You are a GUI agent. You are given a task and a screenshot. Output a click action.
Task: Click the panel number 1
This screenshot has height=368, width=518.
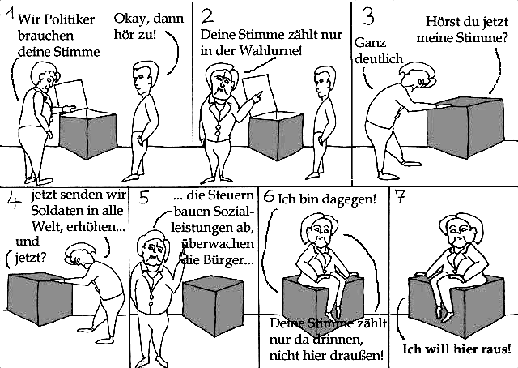coord(11,15)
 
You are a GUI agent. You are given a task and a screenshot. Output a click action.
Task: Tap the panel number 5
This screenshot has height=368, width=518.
coord(143,198)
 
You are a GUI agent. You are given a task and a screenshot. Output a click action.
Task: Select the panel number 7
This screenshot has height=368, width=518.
coord(400,198)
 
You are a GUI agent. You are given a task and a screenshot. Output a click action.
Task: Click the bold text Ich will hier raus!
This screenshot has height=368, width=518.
coord(456,349)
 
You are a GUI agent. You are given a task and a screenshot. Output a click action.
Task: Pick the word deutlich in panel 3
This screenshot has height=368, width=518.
coord(379,59)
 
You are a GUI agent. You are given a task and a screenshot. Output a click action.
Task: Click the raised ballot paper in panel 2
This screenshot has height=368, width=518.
coord(259,96)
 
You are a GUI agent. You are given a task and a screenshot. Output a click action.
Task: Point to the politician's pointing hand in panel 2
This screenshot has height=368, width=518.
coord(257,97)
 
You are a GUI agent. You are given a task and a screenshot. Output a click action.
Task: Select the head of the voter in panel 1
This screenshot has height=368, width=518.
coord(145,77)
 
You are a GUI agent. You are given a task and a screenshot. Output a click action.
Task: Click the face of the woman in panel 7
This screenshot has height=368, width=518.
coord(460,233)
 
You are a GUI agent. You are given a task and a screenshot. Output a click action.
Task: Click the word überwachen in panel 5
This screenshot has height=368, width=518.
coord(218,244)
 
